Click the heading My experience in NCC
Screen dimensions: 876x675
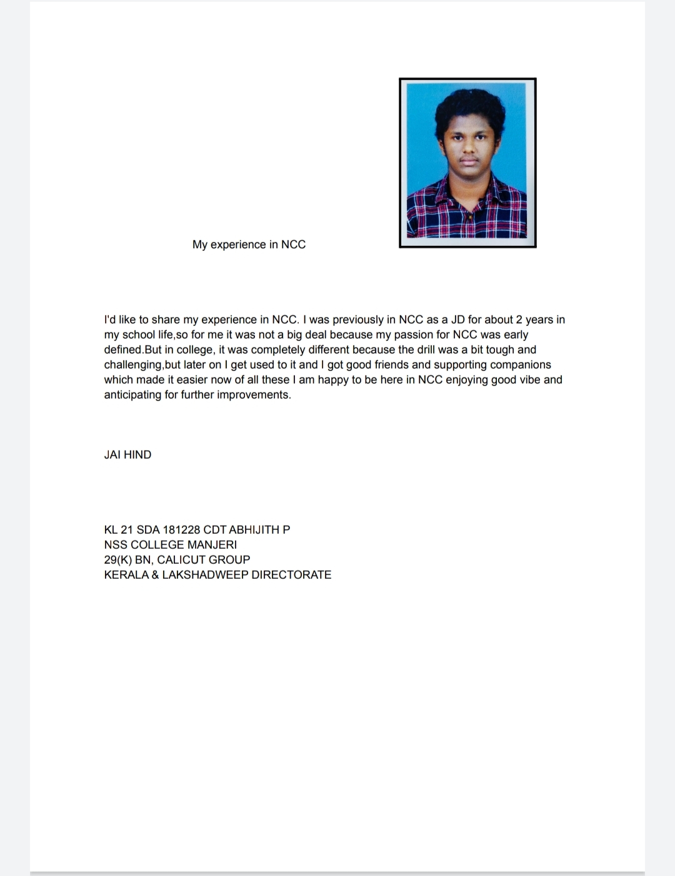coord(249,245)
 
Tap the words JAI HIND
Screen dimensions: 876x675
coord(127,455)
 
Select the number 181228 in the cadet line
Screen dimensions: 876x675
coord(181,529)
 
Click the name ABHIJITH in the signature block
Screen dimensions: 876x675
coord(254,529)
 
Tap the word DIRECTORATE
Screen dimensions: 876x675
coord(291,574)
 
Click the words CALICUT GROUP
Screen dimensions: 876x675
coord(203,559)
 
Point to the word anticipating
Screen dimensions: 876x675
coord(132,395)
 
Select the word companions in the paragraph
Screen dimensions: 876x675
coord(521,365)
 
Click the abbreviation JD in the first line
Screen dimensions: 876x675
coord(457,320)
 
